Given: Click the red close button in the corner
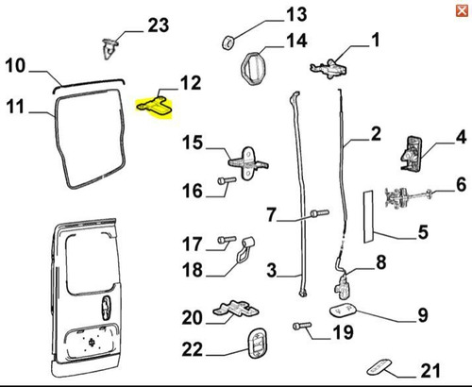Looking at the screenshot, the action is (x=462, y=11).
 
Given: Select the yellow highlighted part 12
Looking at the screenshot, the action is (x=155, y=107).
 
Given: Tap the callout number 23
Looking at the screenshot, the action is (x=159, y=25).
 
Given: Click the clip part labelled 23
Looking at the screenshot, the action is (x=110, y=48).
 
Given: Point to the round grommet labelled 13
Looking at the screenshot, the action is (x=228, y=42).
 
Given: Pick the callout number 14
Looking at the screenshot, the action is (x=296, y=41).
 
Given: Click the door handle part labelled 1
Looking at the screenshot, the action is (x=329, y=68).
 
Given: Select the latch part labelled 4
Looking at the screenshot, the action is (x=411, y=153).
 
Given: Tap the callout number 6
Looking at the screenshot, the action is (x=461, y=184).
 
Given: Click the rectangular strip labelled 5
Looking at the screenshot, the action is (x=368, y=216).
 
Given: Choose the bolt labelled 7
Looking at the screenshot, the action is (x=320, y=213).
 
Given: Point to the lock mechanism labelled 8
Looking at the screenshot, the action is (x=343, y=285).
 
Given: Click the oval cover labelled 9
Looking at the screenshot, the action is (x=343, y=311).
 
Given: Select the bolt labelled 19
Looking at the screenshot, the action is (x=302, y=326).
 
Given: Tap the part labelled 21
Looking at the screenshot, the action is (x=379, y=367).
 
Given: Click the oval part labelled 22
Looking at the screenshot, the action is (x=257, y=344).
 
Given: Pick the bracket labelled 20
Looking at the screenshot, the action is (x=236, y=309).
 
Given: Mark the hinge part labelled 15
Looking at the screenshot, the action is (x=248, y=163).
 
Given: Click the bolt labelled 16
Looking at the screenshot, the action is (x=227, y=180).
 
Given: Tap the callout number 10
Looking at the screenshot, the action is (x=15, y=66).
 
